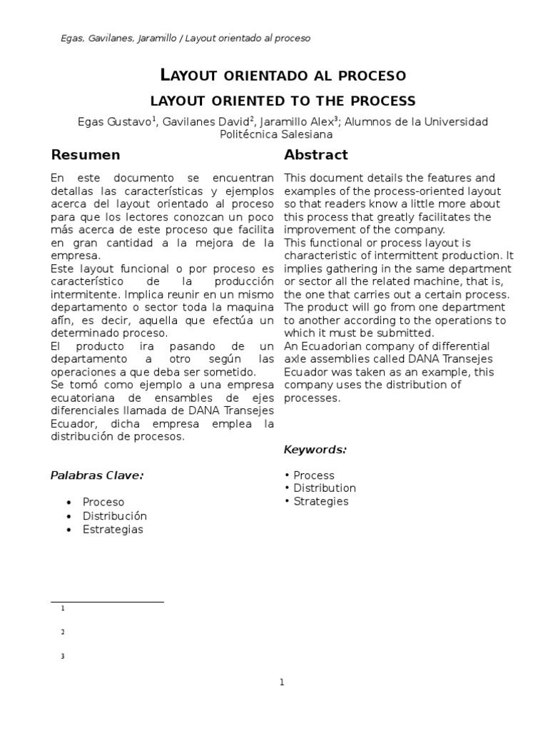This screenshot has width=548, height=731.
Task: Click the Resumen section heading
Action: pos(86,155)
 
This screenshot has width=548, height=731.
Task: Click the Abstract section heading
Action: pos(315,155)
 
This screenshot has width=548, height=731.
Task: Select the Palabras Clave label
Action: pos(97,475)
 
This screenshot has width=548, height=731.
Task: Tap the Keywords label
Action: pos(315,450)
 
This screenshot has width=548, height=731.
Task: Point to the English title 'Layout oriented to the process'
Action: pos(283,101)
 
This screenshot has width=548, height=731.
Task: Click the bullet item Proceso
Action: pos(103,503)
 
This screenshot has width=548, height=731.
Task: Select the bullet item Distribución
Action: pos(114,516)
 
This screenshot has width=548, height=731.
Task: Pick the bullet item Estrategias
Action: pos(113,530)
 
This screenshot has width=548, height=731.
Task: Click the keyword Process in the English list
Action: pos(313,475)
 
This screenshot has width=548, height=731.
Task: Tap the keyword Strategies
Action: pos(320,501)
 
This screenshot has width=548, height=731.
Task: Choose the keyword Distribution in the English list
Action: pos(324,488)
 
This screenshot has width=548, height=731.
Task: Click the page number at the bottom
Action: pos(282,682)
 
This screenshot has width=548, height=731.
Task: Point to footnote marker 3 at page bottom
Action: pos(63,657)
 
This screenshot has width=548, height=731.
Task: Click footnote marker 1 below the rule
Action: pos(63,609)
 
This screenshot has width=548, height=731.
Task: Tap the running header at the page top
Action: pos(186,39)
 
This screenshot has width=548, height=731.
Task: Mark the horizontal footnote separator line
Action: pos(107,602)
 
